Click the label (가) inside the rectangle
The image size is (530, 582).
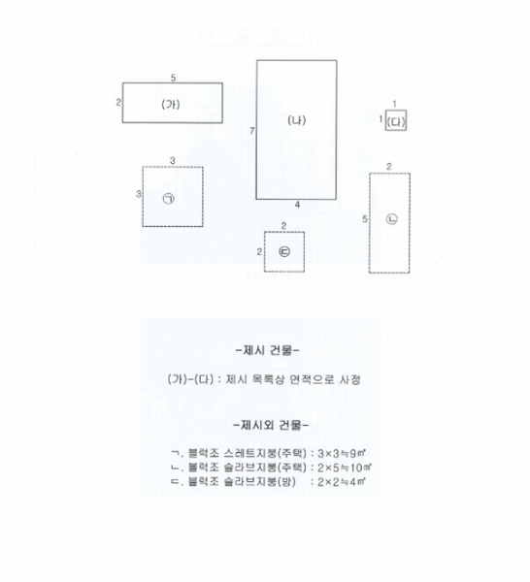coord(171,105)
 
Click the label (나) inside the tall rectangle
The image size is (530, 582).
coord(297,120)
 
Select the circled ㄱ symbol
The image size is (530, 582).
coord(169,199)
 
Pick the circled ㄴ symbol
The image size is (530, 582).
coord(392,219)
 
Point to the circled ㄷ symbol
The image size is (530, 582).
coord(284,251)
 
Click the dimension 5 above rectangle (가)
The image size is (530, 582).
coord(173,78)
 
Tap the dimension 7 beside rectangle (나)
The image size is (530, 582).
coord(252,131)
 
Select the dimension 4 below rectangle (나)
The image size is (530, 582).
coord(297,205)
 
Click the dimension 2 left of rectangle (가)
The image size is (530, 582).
coord(118,102)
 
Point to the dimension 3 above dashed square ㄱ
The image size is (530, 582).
coord(173,161)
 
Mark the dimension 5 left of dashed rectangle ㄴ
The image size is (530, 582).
coord(365,219)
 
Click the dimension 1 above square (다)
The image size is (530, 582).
coord(394,105)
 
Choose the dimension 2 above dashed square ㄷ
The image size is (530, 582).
coord(283,226)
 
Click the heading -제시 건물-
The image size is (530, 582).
coord(267,350)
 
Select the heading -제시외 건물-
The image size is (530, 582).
coord(271,425)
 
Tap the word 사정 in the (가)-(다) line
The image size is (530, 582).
coord(349,379)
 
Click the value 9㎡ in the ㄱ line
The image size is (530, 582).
coord(356,453)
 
